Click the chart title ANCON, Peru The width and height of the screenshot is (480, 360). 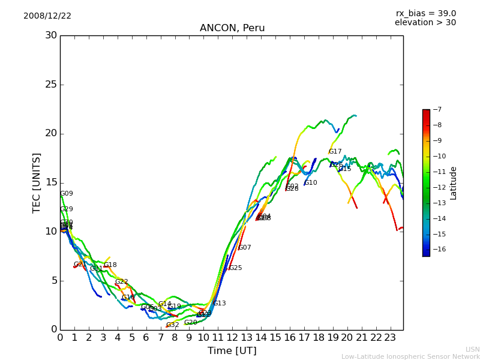pos(232,28)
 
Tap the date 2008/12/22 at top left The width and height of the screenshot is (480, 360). pos(47,16)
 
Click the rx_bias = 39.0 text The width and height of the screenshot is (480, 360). pos(425,14)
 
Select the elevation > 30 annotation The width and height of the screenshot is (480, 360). pos(425,23)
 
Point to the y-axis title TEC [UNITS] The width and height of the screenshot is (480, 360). pos(37,182)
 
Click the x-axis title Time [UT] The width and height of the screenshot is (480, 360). pos(232,351)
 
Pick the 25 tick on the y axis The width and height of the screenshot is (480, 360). pos(51,85)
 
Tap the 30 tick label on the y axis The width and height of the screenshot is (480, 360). pos(51,35)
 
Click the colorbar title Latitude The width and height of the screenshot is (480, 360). pos(454,183)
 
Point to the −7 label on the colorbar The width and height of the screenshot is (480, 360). pos(437,110)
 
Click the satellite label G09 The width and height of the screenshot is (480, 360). pos(67,194)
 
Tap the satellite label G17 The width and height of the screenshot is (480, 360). pos(335,152)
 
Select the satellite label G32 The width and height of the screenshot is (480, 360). pos(173,325)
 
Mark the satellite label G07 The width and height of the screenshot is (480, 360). pos(245,248)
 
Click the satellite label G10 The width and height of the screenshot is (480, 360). pos(311,183)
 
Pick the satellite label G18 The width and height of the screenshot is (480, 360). pos(110,265)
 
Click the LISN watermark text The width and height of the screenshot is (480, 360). pos(472,349)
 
